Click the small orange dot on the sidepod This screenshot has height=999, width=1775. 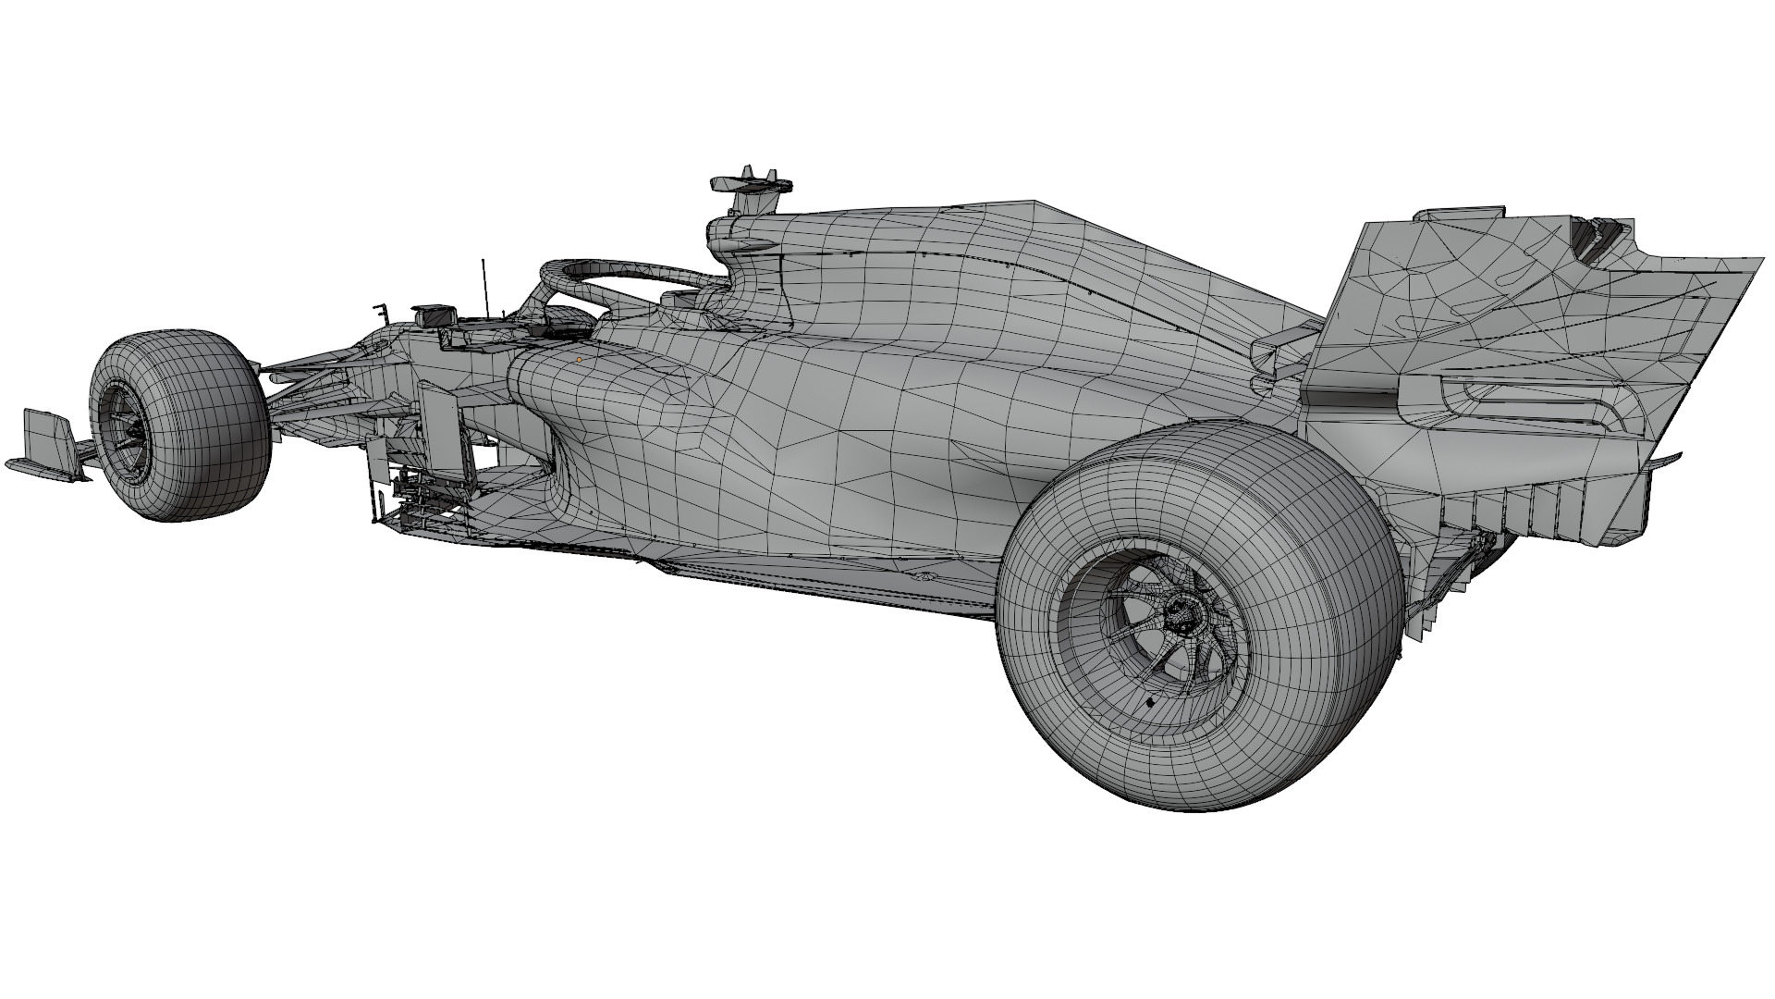click(579, 359)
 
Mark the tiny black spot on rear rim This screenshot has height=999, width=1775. click(1150, 703)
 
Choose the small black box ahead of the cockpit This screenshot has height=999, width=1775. click(431, 315)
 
